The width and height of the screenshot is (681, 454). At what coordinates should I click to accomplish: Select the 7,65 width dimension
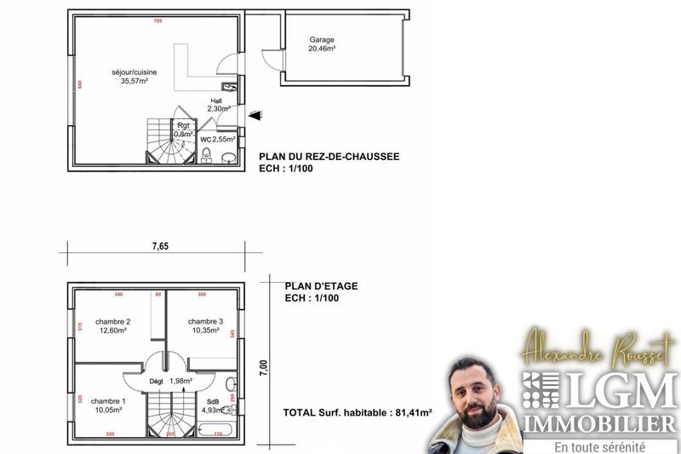tap(160, 246)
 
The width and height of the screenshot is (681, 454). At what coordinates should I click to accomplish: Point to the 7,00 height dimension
tap(264, 366)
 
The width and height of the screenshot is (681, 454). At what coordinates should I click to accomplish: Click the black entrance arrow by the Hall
tap(255, 115)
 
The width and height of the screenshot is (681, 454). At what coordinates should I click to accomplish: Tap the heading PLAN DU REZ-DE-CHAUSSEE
tap(329, 157)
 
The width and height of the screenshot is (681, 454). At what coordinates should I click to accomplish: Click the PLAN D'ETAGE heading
tap(321, 286)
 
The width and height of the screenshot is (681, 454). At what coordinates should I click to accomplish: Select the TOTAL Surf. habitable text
tap(358, 413)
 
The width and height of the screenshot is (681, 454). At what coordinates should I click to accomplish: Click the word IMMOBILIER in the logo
tap(600, 423)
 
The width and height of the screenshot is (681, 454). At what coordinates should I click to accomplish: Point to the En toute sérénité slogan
tap(599, 446)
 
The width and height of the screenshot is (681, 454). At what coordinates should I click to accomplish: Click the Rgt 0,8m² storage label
tap(184, 129)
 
